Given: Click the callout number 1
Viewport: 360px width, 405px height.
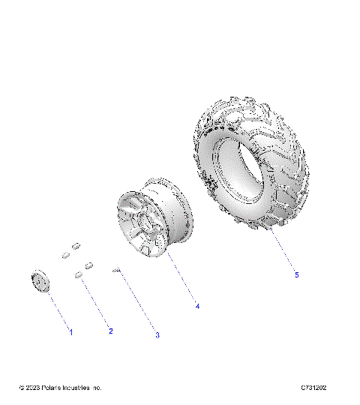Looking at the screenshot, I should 71,331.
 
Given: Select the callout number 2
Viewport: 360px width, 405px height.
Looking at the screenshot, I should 110,331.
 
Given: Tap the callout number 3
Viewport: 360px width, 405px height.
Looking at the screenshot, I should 157,335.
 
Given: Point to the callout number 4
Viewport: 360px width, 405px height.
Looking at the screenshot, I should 197,306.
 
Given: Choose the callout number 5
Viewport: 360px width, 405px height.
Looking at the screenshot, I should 296,275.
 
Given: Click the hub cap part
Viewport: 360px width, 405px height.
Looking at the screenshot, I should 39,281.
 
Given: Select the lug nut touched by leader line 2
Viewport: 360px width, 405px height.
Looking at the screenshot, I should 79,275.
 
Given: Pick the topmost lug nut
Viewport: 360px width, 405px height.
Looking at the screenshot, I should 76,245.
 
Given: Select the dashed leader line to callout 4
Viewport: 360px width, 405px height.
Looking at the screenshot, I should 182,277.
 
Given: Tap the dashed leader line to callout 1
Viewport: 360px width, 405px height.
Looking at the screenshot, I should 56,307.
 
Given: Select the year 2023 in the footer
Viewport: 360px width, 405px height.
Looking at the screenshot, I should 33,388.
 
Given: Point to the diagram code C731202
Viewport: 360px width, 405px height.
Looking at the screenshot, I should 313,388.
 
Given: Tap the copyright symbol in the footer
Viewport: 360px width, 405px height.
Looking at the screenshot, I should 21,388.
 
